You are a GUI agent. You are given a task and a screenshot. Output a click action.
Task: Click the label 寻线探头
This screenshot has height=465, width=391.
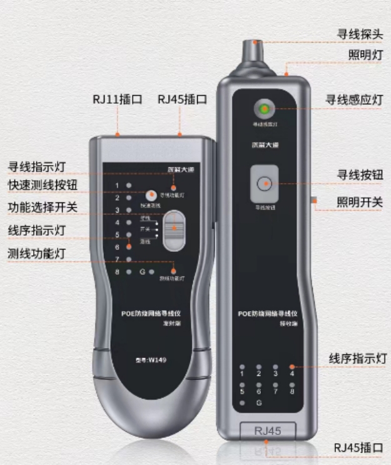click(x=360, y=34)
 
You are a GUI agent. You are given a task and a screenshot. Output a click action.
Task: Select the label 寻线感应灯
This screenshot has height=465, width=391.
click(x=354, y=100)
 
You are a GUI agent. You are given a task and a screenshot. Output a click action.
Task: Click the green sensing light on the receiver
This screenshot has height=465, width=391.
click(x=264, y=110)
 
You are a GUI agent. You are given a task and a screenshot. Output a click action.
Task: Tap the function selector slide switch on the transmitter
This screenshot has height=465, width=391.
click(x=175, y=229)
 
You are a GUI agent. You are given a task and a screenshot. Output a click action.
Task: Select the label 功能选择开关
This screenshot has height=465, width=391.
click(x=43, y=207)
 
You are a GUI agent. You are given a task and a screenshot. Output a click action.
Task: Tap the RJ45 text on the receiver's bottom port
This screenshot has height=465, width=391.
click(x=267, y=430)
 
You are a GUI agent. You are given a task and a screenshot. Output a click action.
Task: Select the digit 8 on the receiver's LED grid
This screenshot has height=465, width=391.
click(x=292, y=391)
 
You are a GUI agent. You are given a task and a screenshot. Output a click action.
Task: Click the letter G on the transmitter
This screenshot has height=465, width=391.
click(x=143, y=272)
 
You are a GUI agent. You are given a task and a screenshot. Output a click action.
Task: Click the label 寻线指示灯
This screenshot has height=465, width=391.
click(x=36, y=167)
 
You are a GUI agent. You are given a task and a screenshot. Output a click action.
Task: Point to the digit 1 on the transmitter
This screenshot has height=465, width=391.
click(x=117, y=186)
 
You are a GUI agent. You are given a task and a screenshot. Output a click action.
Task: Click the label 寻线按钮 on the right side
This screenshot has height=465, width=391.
click(x=360, y=176)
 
